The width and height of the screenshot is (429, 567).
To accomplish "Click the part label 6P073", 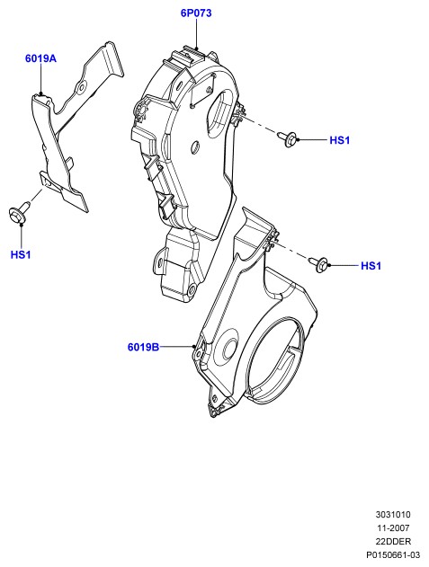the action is tap(196, 13).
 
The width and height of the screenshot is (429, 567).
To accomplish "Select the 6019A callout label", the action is tap(40, 58).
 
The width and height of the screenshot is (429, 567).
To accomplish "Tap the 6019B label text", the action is tap(143, 347).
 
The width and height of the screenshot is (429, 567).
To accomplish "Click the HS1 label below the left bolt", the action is tap(21, 254).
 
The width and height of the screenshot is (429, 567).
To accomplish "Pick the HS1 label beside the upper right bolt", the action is tap(340, 140).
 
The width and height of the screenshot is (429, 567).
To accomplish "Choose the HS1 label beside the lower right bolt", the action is tap(371, 266).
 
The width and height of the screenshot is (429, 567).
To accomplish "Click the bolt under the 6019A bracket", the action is tap(19, 212).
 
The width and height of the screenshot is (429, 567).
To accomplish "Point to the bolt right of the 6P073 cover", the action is tap(288, 138).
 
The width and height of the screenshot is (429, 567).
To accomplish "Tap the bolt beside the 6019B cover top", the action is tap(319, 264).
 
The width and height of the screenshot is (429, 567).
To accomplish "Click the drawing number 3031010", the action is tap(393, 515).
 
